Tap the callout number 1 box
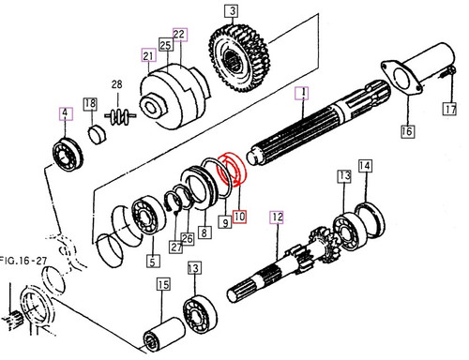(302, 93)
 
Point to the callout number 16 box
(406, 131)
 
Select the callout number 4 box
(66, 115)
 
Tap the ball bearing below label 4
(69, 153)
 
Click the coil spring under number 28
(120, 116)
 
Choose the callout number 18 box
(90, 103)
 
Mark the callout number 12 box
(276, 218)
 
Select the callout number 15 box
(162, 285)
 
